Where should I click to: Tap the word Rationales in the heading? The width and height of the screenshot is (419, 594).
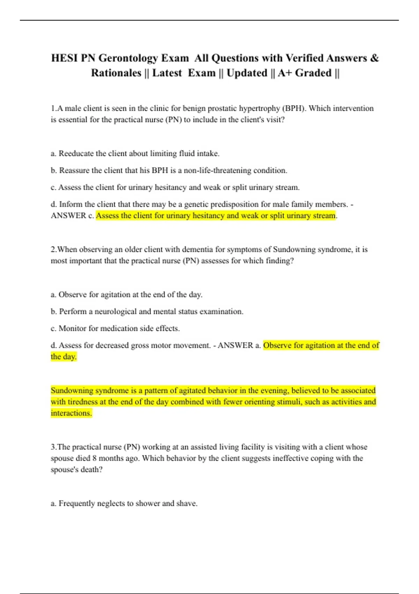[x=116, y=73]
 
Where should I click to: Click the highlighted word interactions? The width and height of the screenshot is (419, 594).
[x=71, y=413]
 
